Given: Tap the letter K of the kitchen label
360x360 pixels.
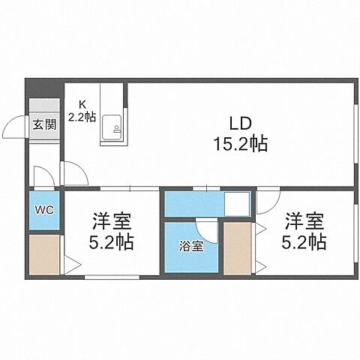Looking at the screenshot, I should (83, 105).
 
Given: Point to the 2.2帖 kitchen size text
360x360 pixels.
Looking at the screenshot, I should (82, 117).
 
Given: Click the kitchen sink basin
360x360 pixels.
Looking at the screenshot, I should (113, 128).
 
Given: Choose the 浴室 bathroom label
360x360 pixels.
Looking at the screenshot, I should (190, 247).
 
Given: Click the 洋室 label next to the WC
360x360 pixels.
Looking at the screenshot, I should (112, 222).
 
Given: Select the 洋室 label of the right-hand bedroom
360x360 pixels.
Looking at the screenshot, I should (303, 222).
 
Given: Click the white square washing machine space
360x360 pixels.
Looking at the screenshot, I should (237, 204).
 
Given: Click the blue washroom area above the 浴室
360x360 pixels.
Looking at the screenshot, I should (193, 204).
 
